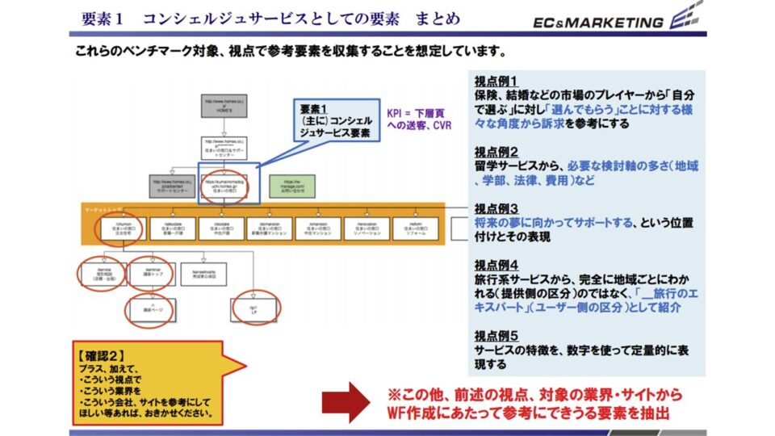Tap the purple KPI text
[417, 119]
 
